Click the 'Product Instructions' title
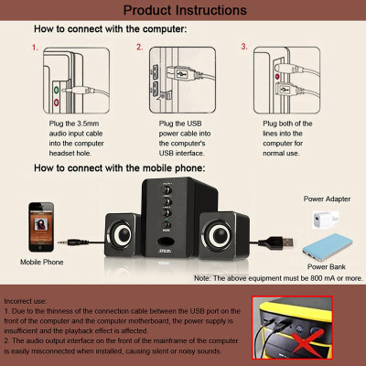[184, 11]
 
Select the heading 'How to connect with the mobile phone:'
[119, 168]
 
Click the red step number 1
[35, 46]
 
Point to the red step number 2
[140, 46]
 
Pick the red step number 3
[244, 46]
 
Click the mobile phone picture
[40, 224]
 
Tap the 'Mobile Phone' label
[41, 262]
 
